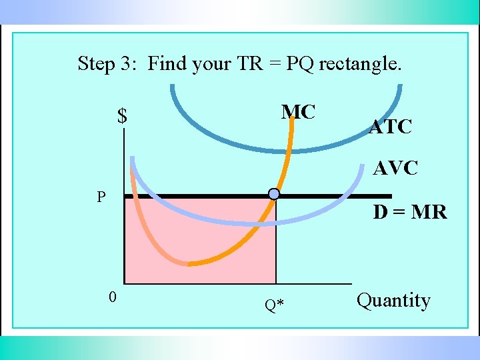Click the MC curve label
(x=298, y=112)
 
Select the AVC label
(x=395, y=169)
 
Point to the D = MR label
(x=410, y=213)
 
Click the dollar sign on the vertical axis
(x=122, y=117)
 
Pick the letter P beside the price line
(x=101, y=197)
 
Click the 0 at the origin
(x=113, y=297)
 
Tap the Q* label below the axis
(x=274, y=305)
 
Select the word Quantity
(x=393, y=301)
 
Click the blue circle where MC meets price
(x=274, y=194)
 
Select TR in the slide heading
(x=245, y=64)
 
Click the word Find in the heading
(x=167, y=64)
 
